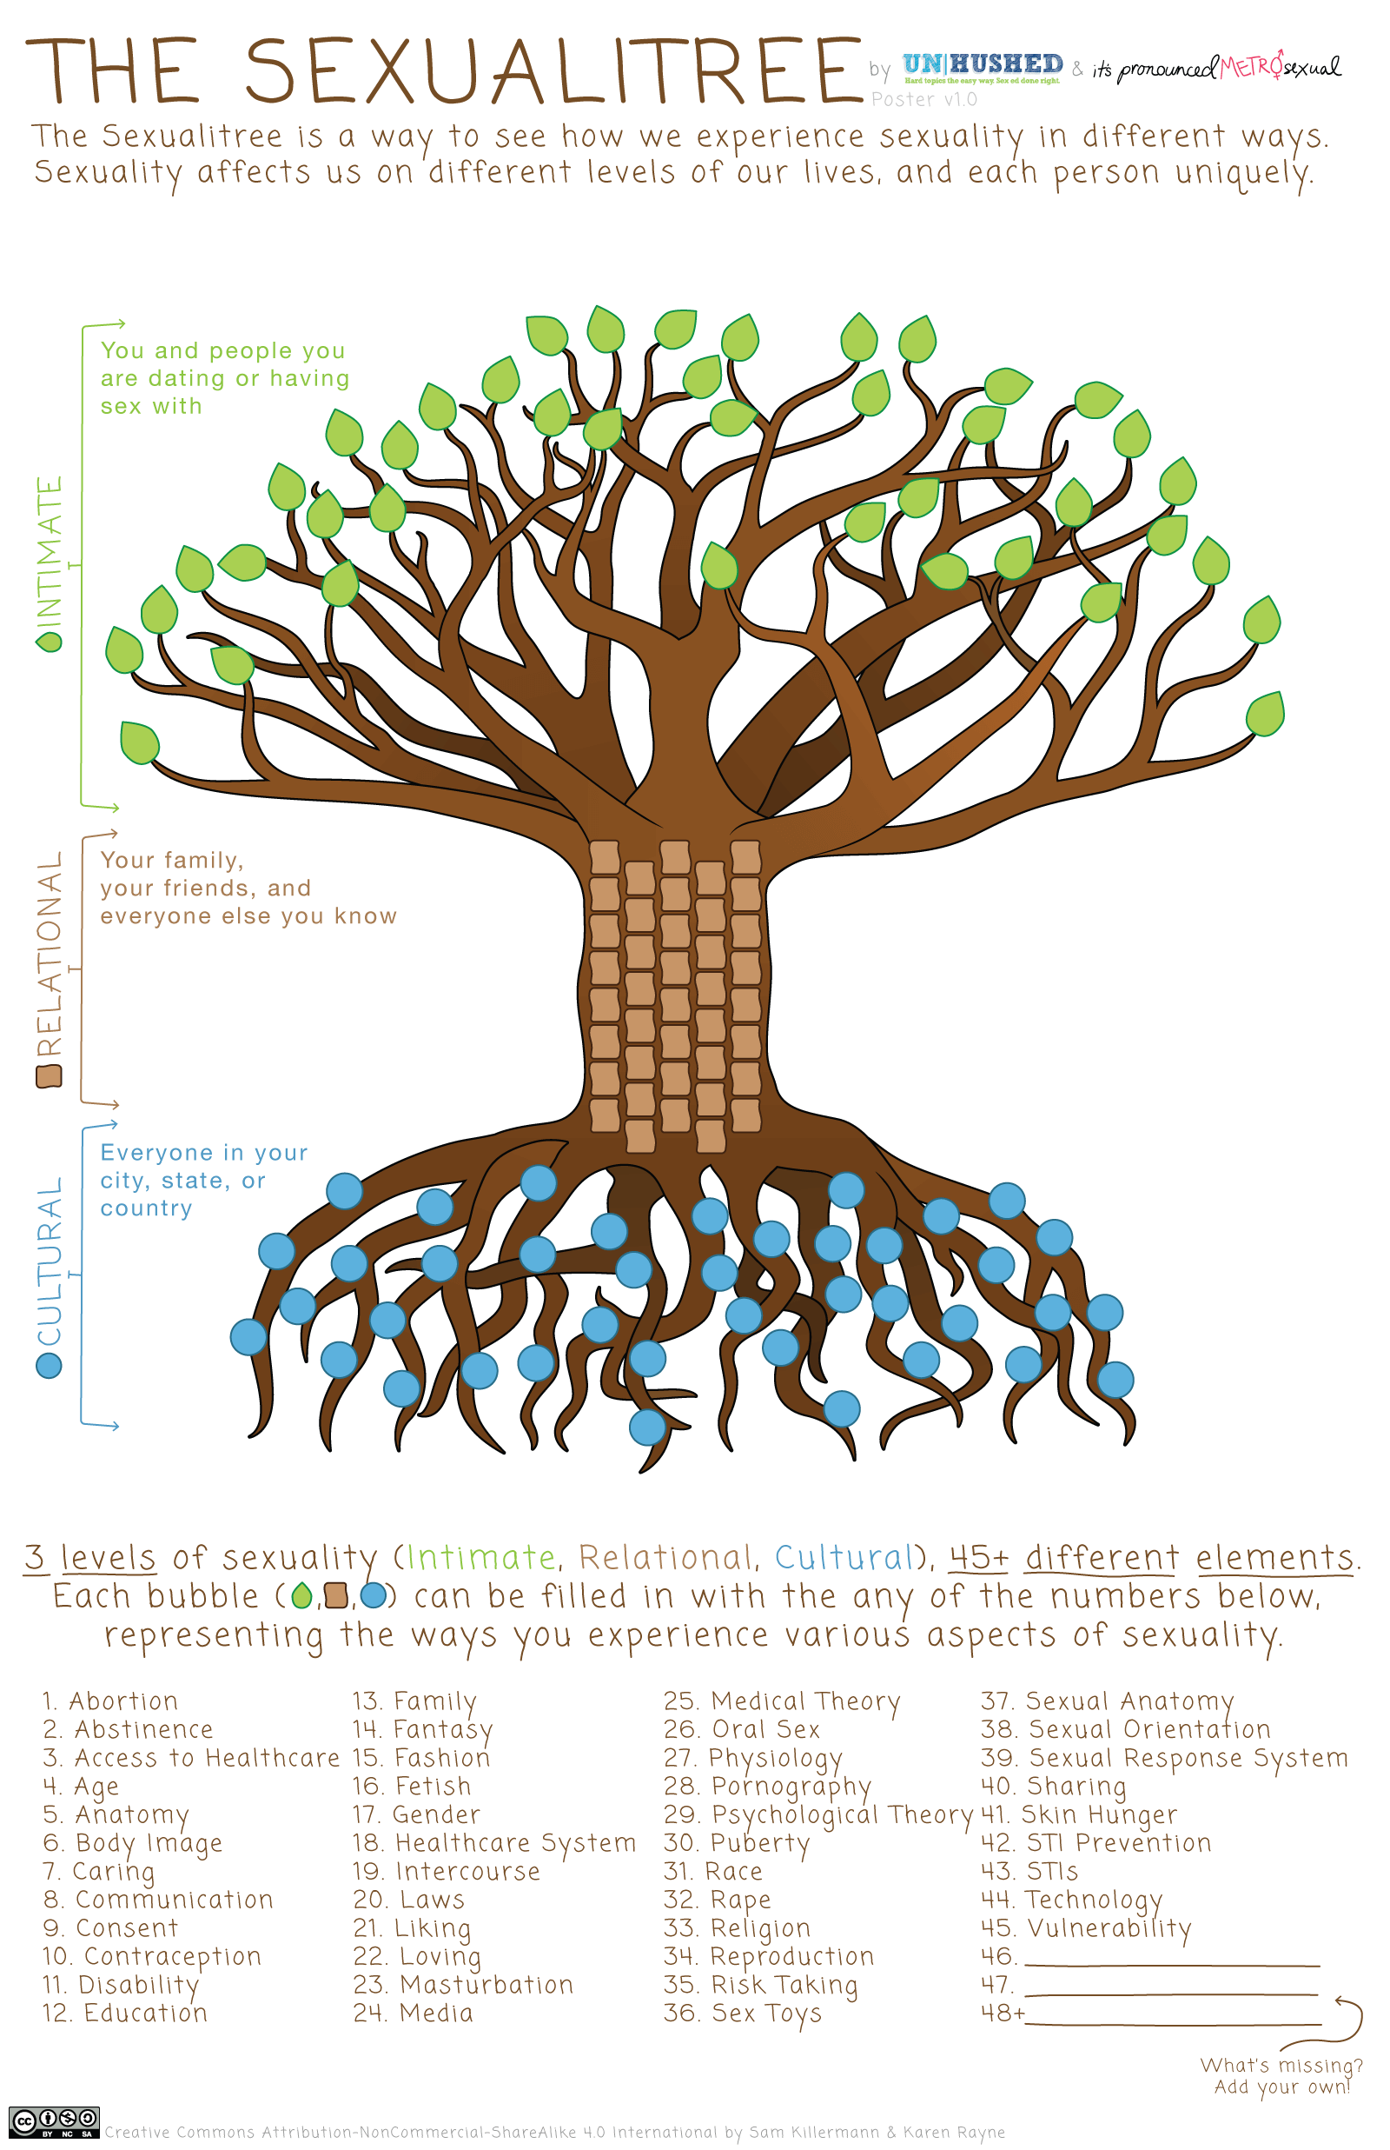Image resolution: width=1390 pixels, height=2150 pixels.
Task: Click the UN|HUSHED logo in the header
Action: tap(983, 67)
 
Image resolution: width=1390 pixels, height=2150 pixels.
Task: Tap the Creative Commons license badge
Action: tap(54, 2123)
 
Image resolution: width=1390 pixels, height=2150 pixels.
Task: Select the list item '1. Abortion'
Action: tap(110, 1701)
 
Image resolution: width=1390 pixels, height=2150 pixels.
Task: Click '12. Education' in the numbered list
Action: tap(124, 2014)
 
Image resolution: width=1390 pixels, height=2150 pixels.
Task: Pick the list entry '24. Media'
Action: tap(414, 2014)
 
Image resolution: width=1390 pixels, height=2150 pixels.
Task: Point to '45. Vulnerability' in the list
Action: tap(1086, 1930)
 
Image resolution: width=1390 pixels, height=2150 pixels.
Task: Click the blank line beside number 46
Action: tap(1173, 1965)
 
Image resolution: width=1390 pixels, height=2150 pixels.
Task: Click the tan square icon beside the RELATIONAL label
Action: tap(49, 1076)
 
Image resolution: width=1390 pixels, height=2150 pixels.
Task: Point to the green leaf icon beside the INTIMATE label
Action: tap(49, 641)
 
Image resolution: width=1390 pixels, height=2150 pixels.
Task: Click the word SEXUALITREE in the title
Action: tap(554, 70)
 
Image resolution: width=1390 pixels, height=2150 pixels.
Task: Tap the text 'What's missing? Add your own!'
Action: tap(1281, 2076)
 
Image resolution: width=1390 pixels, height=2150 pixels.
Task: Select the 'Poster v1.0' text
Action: tap(923, 99)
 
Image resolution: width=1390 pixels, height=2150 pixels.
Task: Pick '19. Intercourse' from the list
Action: tap(447, 1872)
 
